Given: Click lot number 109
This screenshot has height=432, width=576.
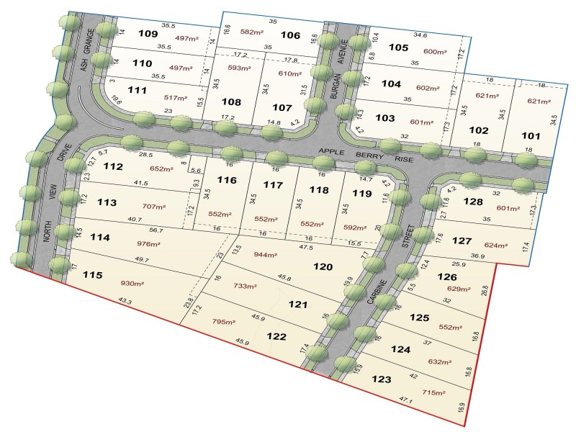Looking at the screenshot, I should coord(148,33).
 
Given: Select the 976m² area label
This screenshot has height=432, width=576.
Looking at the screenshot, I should coord(149,243).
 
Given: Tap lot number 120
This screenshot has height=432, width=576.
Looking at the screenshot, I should coord(323,266).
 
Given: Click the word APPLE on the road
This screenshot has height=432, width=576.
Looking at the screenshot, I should coord(333,152).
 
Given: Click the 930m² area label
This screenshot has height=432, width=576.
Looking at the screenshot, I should coord(132,285).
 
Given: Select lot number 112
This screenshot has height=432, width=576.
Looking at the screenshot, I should coord(113,166).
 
